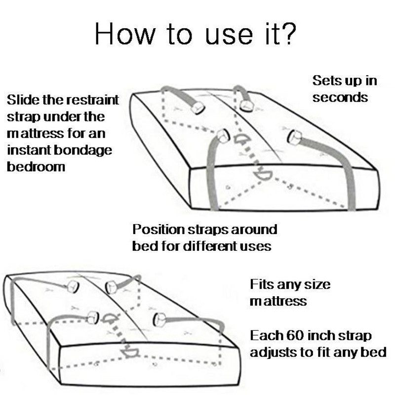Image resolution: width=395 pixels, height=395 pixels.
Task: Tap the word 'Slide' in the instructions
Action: click(23, 100)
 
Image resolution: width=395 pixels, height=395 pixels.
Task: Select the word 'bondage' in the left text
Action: click(83, 151)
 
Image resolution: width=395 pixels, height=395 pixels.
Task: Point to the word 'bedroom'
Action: click(36, 167)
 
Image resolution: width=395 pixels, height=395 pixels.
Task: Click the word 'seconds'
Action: click(340, 98)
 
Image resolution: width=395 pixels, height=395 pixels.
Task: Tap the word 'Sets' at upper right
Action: click(324, 80)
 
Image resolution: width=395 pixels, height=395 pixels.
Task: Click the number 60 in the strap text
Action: click(295, 336)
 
